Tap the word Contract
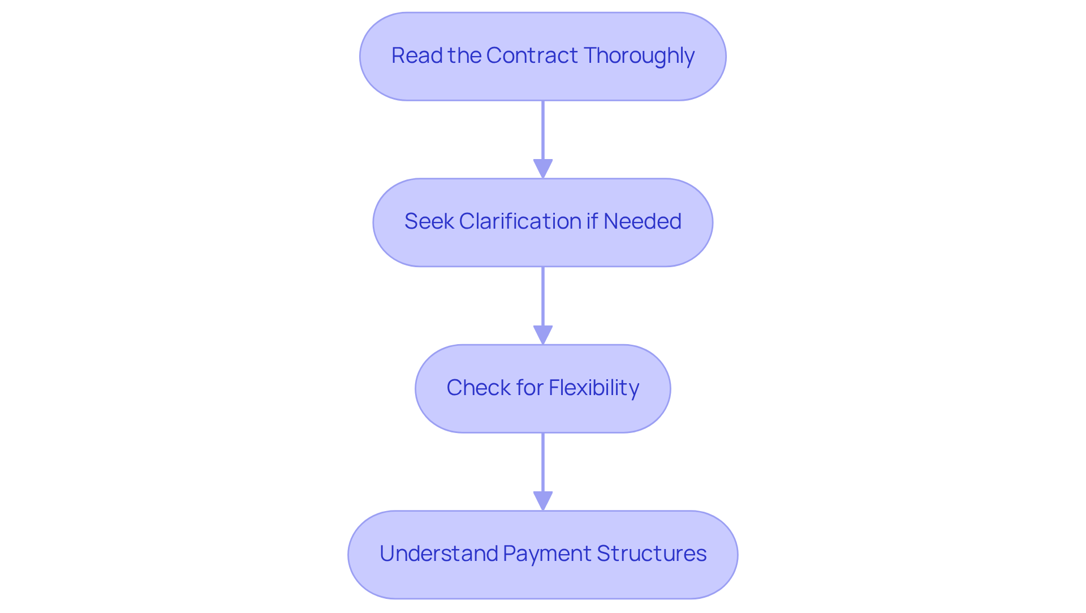tap(532, 55)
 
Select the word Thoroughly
tap(639, 56)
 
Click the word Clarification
tap(520, 221)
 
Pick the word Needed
tap(642, 221)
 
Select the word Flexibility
tap(593, 388)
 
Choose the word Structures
tap(651, 554)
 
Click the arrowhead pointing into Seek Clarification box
tap(543, 169)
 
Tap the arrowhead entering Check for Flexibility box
tap(543, 335)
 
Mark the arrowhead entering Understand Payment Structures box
tap(543, 501)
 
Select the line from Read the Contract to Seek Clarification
tap(543, 130)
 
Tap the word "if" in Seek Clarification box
tap(592, 221)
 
